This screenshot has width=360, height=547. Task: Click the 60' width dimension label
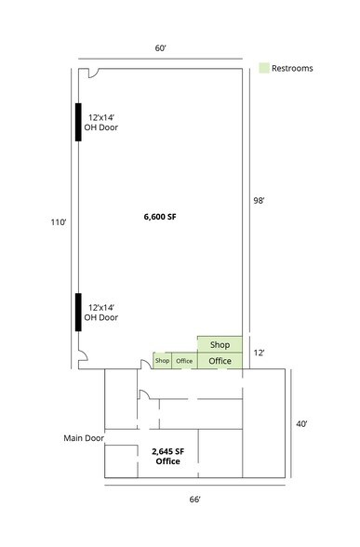coord(160,48)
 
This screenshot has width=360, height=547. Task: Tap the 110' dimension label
coord(59,222)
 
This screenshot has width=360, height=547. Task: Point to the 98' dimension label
coord(259,201)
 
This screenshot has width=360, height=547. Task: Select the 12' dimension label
coord(259,353)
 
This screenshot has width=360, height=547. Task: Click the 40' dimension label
coord(301,424)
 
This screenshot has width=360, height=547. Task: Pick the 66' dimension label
coord(195,500)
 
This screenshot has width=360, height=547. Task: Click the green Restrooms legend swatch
coord(264,68)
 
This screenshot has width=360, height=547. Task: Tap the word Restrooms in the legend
coord(292,69)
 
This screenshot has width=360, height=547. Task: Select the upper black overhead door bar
coord(78,122)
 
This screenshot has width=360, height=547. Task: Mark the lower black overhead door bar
coord(78,313)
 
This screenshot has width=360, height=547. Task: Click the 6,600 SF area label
coord(160,217)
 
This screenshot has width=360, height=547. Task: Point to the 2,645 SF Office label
coord(167,456)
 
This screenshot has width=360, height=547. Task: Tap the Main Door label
coord(84,438)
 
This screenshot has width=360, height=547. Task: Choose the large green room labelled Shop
coord(220,344)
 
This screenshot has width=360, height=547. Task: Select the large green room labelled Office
coord(220,361)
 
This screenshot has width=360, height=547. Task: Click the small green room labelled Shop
coord(162,361)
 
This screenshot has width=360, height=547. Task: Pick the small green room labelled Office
coord(184,361)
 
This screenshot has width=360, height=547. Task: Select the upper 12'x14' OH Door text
coord(101,123)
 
